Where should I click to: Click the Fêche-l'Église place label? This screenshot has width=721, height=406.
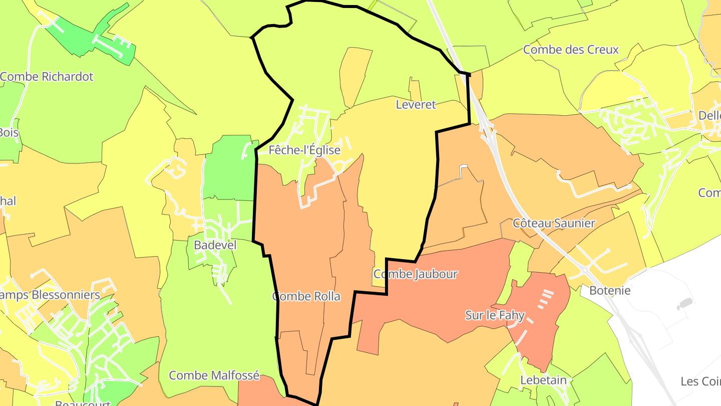(x=304, y=150)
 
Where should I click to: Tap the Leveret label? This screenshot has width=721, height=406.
(x=416, y=105)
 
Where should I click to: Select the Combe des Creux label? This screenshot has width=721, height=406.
(x=571, y=50)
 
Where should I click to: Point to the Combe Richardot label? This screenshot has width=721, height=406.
(x=47, y=77)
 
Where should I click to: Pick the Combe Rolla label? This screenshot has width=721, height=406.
(x=306, y=296)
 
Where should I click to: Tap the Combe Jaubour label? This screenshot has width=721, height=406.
(x=416, y=274)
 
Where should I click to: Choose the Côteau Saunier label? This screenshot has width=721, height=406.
(x=554, y=223)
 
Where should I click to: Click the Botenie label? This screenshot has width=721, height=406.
(x=610, y=290)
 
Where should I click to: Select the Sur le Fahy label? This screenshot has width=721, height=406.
(x=495, y=315)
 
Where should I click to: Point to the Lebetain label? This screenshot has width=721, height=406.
(x=543, y=380)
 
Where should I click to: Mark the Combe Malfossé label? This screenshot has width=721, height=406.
(x=214, y=375)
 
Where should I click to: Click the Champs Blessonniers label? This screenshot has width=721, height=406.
(x=50, y=295)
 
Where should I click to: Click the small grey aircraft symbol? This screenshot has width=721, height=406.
(x=684, y=304)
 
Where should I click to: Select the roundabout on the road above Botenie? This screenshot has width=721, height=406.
(x=585, y=270)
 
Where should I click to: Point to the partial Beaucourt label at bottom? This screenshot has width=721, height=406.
(x=83, y=402)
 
